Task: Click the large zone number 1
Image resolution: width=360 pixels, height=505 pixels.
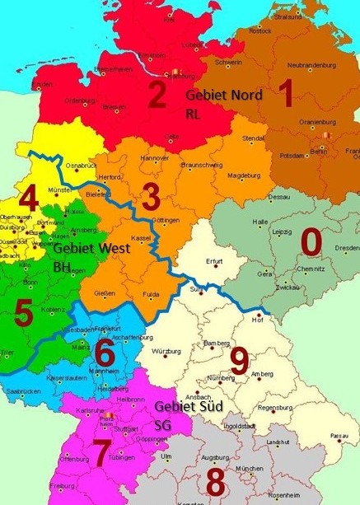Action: pos(285,94)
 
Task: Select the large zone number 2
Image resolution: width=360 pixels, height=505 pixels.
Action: pos(157,96)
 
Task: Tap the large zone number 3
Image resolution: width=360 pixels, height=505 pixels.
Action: pos(151,198)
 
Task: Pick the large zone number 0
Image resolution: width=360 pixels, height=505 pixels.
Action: pos(310,242)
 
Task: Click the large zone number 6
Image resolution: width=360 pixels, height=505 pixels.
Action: pos(105,353)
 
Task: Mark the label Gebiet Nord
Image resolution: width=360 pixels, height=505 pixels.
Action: pos(224,95)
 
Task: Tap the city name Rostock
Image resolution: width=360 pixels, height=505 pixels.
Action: pos(260,31)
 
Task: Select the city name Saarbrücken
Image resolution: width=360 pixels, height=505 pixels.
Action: pos(25,390)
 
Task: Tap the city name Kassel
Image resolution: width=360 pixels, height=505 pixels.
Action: pos(142,237)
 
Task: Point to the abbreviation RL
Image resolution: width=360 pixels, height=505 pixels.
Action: pos(193,113)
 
